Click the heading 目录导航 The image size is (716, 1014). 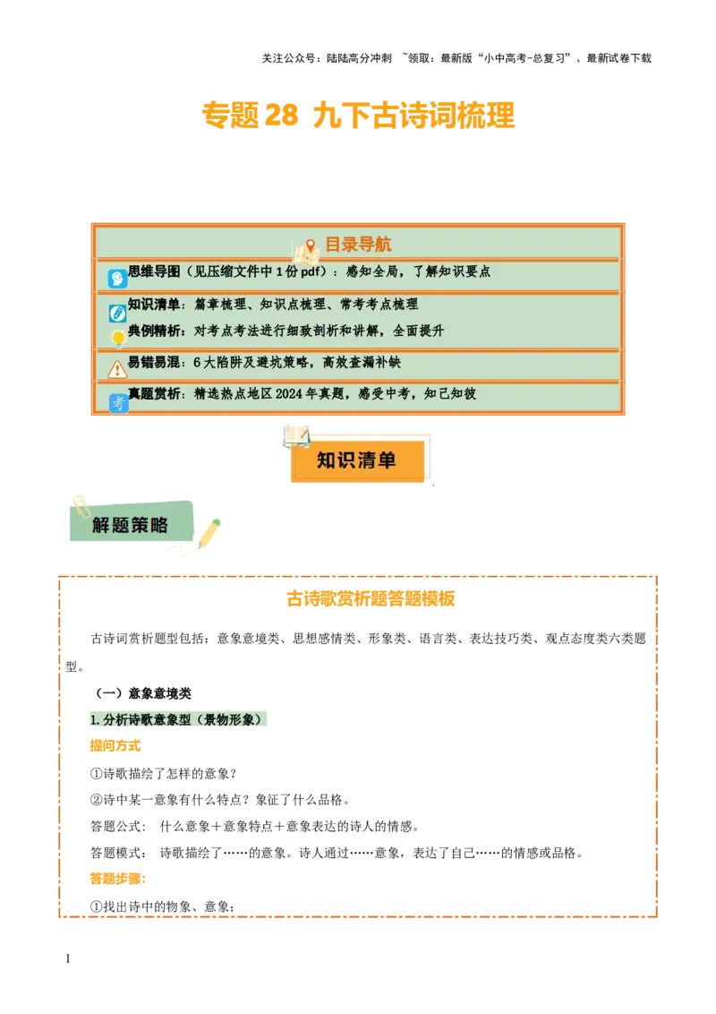pos(357,245)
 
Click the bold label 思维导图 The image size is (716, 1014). pos(154,271)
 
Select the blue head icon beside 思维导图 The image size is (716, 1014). pos(117,279)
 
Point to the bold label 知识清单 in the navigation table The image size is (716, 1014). pos(154,305)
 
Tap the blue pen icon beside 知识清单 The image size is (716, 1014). pos(117,313)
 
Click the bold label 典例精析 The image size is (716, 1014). pos(154,331)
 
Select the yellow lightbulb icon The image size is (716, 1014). pos(117,339)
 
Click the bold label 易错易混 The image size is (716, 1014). pos(154,363)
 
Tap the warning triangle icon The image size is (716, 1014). pos(117,369)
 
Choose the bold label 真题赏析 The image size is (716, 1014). pos(154,393)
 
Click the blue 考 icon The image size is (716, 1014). pos(118,403)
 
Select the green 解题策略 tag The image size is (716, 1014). pos(131,525)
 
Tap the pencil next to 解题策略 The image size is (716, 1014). pos(209,533)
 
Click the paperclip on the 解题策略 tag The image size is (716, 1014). pos(79,503)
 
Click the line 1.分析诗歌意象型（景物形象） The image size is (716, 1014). pos(179,719)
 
